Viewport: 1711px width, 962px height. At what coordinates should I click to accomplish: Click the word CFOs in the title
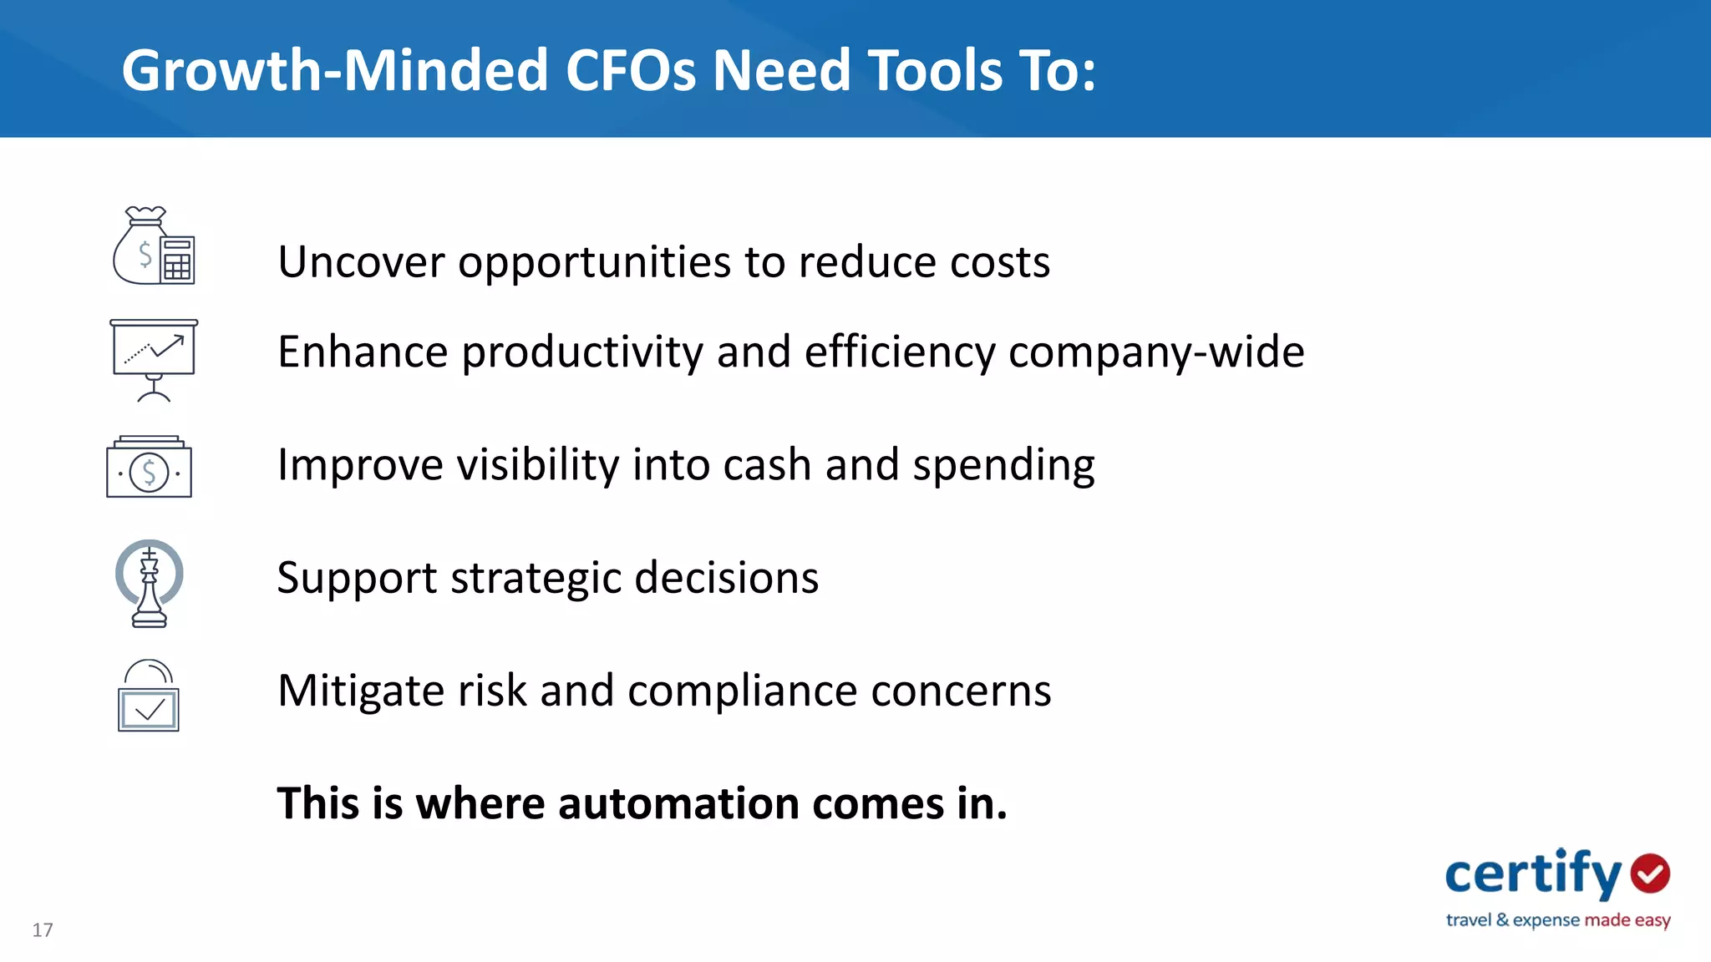tap(630, 70)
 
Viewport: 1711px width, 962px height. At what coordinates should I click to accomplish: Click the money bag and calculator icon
tap(154, 246)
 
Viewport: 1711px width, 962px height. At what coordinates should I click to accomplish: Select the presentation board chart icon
tap(154, 359)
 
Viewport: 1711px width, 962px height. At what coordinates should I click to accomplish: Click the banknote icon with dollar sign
tap(149, 468)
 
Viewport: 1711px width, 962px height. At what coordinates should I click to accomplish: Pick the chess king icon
tap(150, 583)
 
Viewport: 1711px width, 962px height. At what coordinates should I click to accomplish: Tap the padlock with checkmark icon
tap(149, 696)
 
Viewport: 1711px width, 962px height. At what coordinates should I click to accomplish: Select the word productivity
tap(582, 352)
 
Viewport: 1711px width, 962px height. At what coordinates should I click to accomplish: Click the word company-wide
tap(1156, 352)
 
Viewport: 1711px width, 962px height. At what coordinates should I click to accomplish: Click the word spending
tap(1003, 466)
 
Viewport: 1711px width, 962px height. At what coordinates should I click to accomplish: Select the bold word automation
tap(678, 803)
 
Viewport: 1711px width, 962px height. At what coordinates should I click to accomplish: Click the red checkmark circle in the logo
tap(1650, 873)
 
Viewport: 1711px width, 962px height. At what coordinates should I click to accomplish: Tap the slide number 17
tap(43, 930)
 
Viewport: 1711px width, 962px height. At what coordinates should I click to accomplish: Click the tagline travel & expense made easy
tap(1557, 920)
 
